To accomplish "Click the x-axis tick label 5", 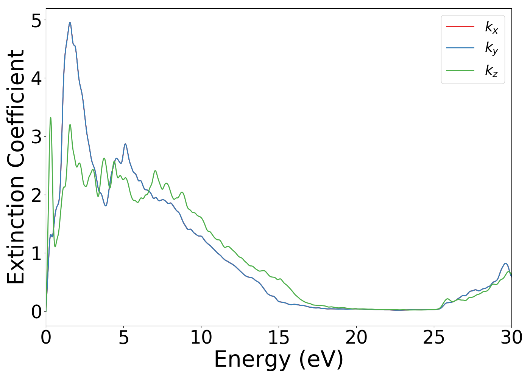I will pyautogui.click(x=124, y=338).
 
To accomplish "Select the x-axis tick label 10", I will pyautogui.click(x=201, y=338).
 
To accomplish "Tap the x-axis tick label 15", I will pyautogui.click(x=279, y=338).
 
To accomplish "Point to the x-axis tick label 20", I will pyautogui.click(x=356, y=338).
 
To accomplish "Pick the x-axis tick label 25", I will pyautogui.click(x=434, y=338).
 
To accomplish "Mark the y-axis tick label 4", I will pyautogui.click(x=36, y=78).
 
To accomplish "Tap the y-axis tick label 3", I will pyautogui.click(x=36, y=137).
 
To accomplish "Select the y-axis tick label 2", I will pyautogui.click(x=36, y=195).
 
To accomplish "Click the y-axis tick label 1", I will pyautogui.click(x=36, y=254).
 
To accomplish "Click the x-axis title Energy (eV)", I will pyautogui.click(x=279, y=359).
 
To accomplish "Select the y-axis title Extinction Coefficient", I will pyautogui.click(x=16, y=167).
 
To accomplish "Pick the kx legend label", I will pyautogui.click(x=491, y=27).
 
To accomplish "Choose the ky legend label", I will pyautogui.click(x=491, y=48).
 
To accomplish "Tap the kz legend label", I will pyautogui.click(x=491, y=70).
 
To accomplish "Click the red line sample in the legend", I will pyautogui.click(x=460, y=26).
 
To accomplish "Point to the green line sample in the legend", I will pyautogui.click(x=460, y=70).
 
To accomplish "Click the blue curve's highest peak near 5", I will pyautogui.click(x=70, y=23).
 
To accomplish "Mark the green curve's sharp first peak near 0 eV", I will pyautogui.click(x=50, y=118).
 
